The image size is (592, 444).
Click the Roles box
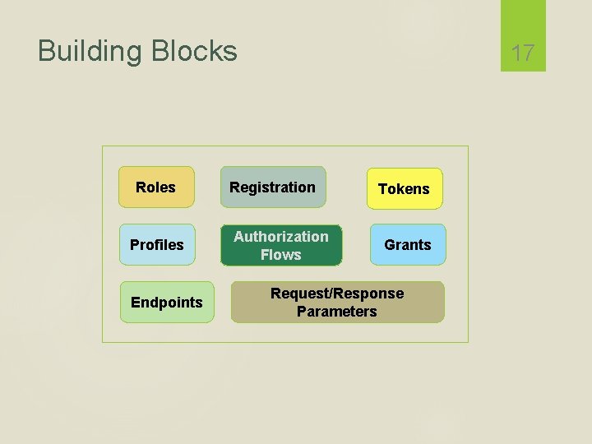(x=157, y=187)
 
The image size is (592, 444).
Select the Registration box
(x=273, y=187)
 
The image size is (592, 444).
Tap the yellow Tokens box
(x=405, y=189)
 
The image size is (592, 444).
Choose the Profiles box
(x=157, y=245)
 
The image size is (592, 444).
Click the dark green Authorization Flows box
(x=281, y=245)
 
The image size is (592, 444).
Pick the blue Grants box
(x=408, y=245)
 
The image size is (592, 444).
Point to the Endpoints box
(x=167, y=303)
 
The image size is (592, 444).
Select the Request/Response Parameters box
(x=337, y=303)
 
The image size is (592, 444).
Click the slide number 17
(x=523, y=53)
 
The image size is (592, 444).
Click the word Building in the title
(x=90, y=51)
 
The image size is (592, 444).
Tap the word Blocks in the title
(x=193, y=51)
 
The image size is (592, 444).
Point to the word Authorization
(x=281, y=237)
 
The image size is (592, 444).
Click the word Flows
(x=281, y=255)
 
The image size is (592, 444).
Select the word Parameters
(x=337, y=312)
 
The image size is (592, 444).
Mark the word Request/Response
(x=337, y=294)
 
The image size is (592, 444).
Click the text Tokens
(x=404, y=189)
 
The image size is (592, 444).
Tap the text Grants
(x=408, y=245)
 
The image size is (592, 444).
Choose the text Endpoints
(x=167, y=303)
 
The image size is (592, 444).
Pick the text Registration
(x=272, y=187)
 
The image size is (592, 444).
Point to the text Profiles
(x=157, y=245)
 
